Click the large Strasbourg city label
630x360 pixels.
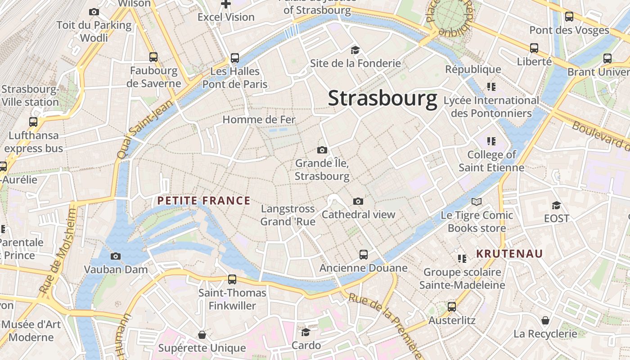click(382, 98)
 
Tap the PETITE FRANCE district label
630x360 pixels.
click(204, 201)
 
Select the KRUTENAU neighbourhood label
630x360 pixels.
click(510, 253)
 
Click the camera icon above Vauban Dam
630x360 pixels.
click(116, 256)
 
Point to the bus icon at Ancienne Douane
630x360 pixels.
click(364, 255)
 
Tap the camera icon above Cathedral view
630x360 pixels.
click(358, 201)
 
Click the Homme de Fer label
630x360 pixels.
click(259, 119)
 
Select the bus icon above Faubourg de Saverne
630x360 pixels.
click(153, 57)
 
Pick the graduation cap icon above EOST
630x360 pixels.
click(557, 205)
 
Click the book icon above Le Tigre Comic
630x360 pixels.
click(477, 202)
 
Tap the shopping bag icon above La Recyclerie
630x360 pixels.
click(545, 320)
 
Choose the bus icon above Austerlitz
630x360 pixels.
click(452, 307)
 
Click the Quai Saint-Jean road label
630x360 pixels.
click(140, 130)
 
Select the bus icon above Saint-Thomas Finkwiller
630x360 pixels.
click(232, 279)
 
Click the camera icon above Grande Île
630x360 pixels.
click(322, 150)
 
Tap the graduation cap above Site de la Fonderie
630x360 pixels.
click(355, 50)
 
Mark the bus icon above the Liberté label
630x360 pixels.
click(534, 48)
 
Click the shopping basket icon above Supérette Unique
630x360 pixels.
click(202, 335)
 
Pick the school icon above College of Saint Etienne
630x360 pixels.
click(491, 141)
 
